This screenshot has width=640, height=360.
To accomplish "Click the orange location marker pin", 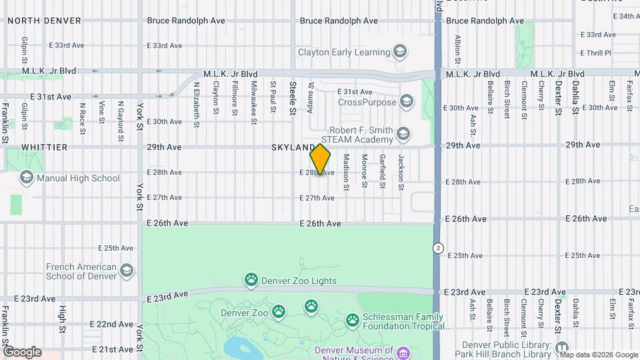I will (x=320, y=159).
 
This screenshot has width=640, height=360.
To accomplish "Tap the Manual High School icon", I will (x=26, y=177).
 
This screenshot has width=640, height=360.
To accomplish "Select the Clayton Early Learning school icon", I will (x=400, y=51).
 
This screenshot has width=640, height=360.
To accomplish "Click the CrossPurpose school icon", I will (x=407, y=102).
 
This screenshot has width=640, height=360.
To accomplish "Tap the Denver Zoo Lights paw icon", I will (x=251, y=280).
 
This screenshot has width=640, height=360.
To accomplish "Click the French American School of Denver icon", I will (x=127, y=271).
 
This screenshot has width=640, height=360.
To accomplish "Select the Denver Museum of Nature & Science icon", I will (x=403, y=352).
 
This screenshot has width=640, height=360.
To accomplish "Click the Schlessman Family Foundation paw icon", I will (x=353, y=321).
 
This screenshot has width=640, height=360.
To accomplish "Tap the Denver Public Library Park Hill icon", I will (x=562, y=348).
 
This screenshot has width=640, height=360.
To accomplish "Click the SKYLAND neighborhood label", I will (x=293, y=147).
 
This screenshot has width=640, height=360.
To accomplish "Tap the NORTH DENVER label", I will (x=44, y=21).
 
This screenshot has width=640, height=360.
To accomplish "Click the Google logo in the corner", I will (x=21, y=352).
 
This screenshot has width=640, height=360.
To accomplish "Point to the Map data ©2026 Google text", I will (x=599, y=355).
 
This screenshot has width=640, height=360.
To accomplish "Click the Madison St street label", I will (x=346, y=172).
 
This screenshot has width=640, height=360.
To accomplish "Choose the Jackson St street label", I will (x=401, y=172).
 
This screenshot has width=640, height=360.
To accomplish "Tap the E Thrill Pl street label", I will (x=595, y=53).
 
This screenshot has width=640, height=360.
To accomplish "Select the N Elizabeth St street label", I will (x=197, y=105).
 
